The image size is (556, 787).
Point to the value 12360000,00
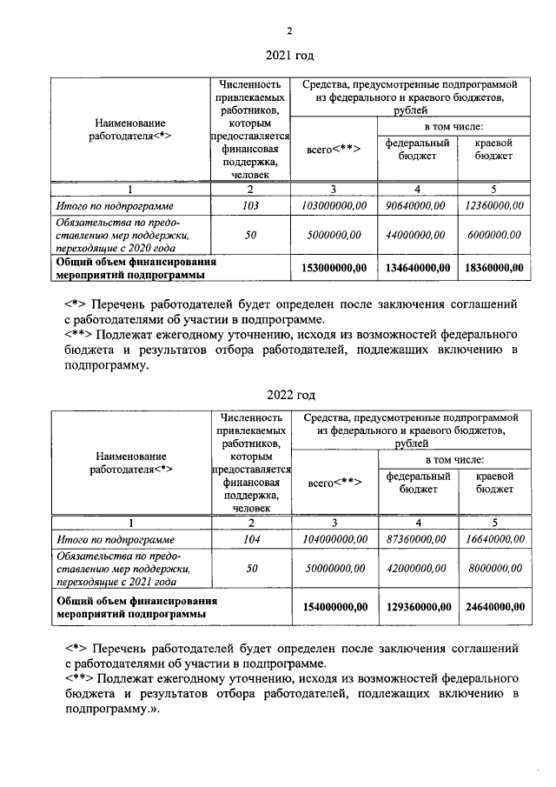[493, 206]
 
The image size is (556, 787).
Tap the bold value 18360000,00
[493, 268]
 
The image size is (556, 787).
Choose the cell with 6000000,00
[493, 234]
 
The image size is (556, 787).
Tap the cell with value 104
[250, 540]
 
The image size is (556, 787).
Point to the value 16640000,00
[493, 540]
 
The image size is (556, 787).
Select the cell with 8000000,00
[493, 568]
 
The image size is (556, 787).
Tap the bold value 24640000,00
[493, 606]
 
